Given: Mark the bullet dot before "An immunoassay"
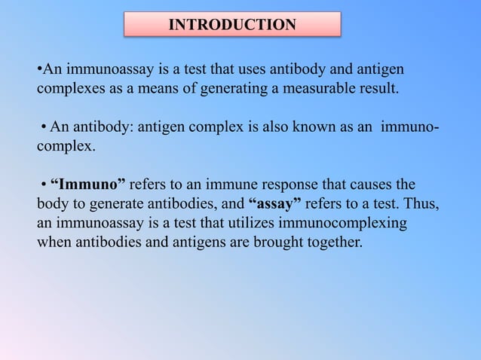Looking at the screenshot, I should (x=38, y=70).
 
